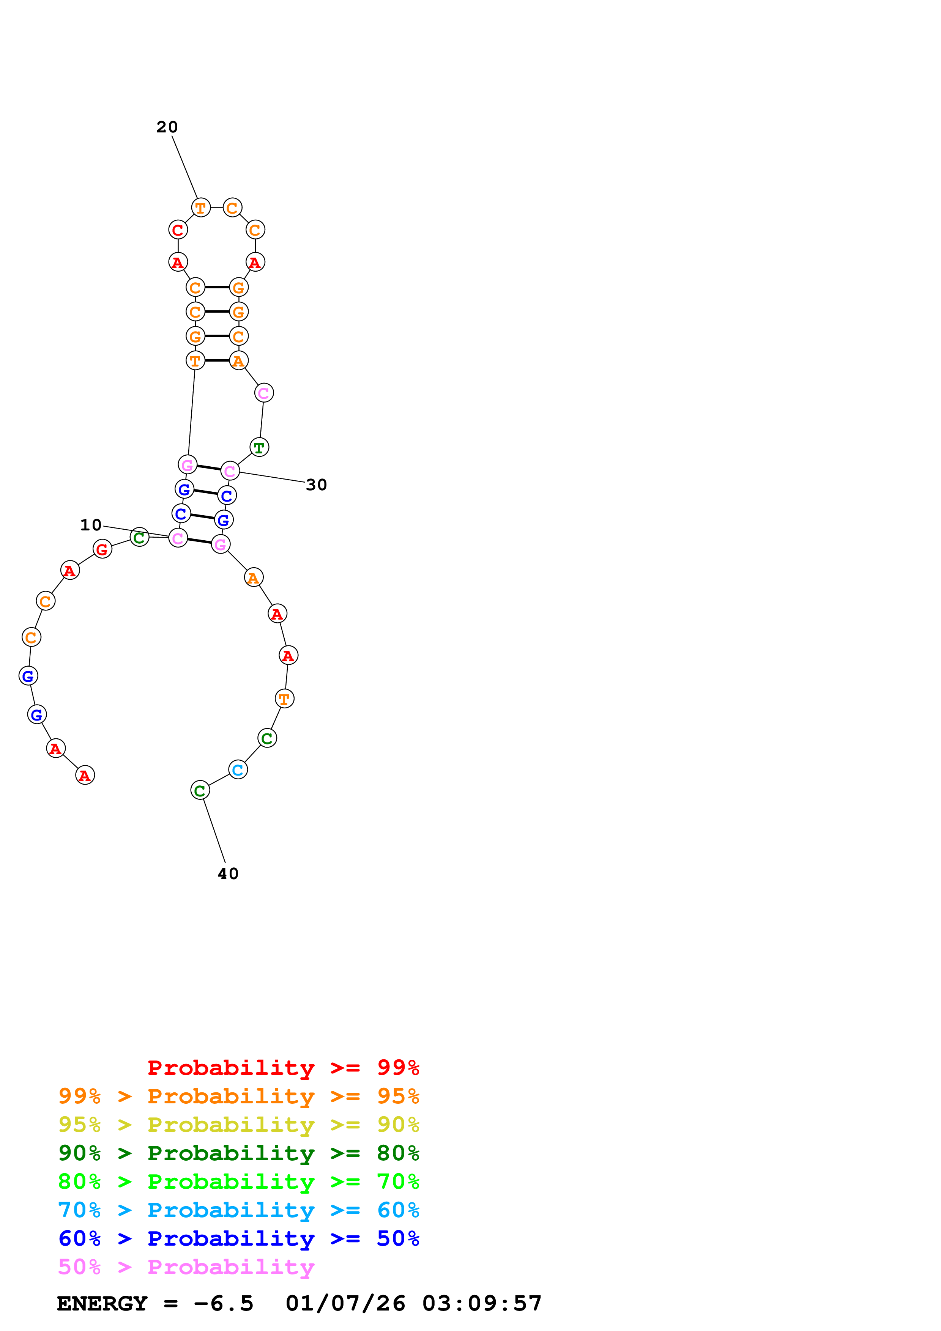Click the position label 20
[x=167, y=127]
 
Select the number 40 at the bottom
[x=228, y=874]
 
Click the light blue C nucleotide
[x=238, y=770]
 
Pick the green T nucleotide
[x=259, y=448]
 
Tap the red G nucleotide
[x=102, y=549]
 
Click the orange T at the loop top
[x=200, y=208]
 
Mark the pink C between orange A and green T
[x=264, y=393]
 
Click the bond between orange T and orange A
[x=217, y=360]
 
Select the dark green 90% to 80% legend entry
[x=238, y=1153]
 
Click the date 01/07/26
[x=345, y=1303]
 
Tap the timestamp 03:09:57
[x=482, y=1303]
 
